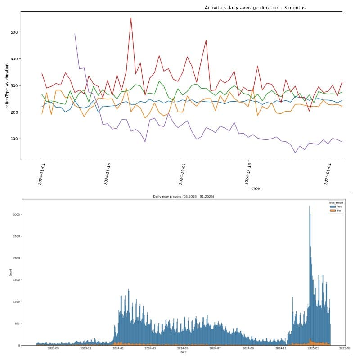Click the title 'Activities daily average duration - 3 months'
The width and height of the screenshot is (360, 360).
click(x=255, y=8)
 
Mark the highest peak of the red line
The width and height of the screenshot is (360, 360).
click(x=131, y=18)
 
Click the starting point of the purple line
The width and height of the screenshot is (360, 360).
click(x=75, y=33)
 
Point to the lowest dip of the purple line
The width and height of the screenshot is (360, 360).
click(x=295, y=153)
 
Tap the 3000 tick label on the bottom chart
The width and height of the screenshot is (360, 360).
click(x=30, y=215)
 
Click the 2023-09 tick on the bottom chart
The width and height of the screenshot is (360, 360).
click(x=53, y=348)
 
